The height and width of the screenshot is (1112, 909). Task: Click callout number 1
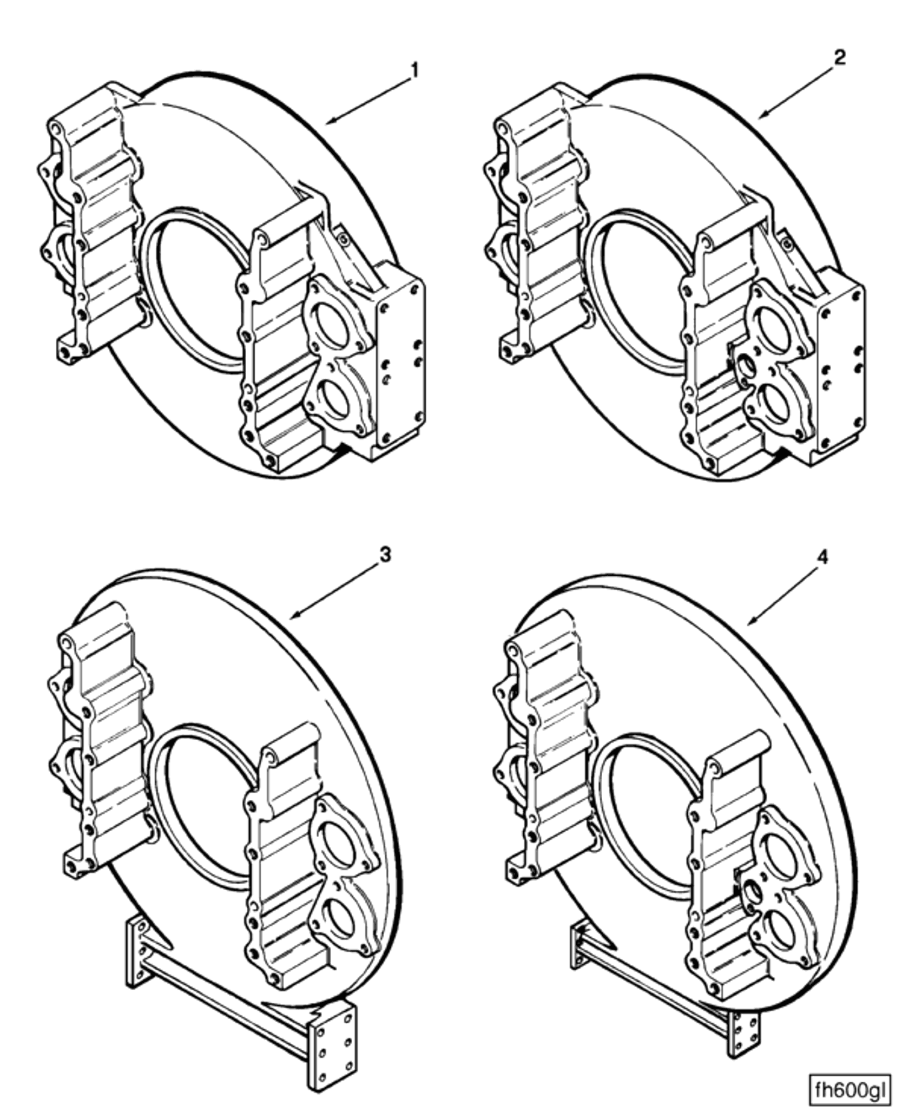click(414, 71)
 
